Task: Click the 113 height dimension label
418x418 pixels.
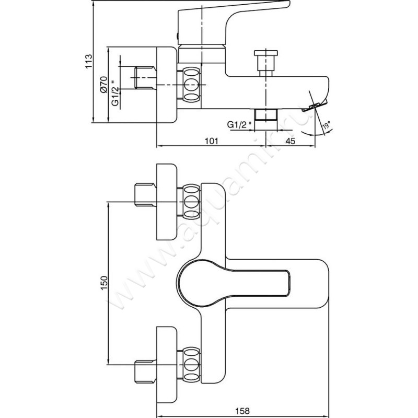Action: (x=88, y=62)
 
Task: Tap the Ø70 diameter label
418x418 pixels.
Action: (x=103, y=84)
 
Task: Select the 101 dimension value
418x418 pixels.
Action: (x=211, y=141)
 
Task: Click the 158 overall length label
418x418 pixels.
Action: (x=242, y=411)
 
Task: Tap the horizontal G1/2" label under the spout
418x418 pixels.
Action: (x=239, y=124)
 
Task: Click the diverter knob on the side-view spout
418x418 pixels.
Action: (x=266, y=63)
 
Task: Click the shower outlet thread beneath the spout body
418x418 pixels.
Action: (x=266, y=115)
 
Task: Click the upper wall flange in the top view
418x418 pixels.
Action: (x=167, y=202)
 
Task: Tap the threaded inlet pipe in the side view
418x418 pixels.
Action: (x=146, y=77)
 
